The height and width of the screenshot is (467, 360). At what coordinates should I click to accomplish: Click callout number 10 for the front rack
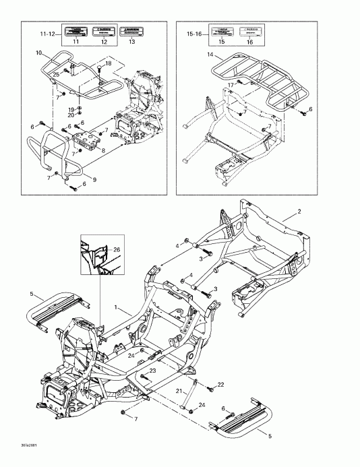(x=38, y=53)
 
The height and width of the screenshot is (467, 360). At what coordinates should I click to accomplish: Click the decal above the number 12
(x=103, y=31)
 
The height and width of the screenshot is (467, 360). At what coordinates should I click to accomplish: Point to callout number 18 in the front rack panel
(x=108, y=63)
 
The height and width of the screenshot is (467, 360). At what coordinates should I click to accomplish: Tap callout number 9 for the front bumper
(x=94, y=179)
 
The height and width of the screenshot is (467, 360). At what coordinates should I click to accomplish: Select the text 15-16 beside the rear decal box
(x=193, y=32)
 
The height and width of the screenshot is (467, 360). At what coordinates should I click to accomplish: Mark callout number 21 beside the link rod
(x=178, y=391)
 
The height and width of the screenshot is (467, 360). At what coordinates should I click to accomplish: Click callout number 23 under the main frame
(x=154, y=371)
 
